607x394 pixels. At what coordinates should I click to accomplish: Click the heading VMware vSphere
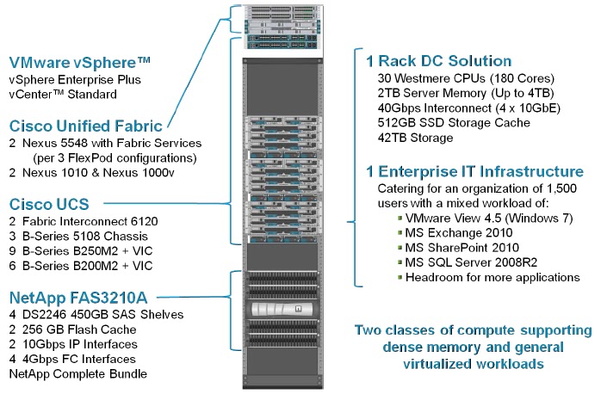click(81, 63)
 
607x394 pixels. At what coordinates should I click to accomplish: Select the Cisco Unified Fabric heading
click(87, 126)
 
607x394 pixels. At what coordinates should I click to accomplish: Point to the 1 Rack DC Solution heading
click(438, 61)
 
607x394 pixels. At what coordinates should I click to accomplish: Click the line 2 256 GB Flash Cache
click(73, 329)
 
